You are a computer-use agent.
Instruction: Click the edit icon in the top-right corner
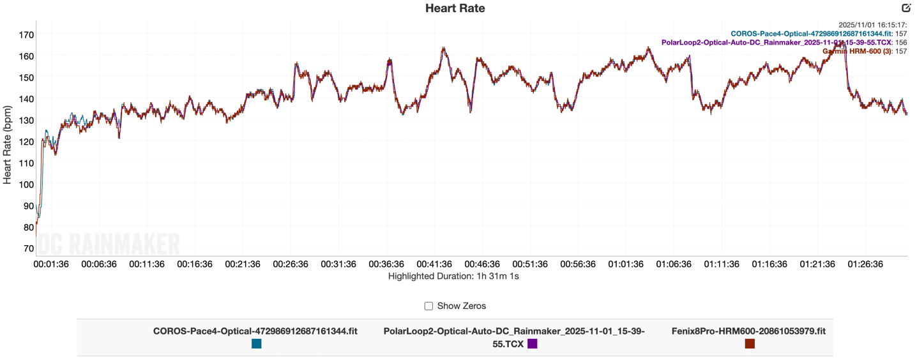point(906,8)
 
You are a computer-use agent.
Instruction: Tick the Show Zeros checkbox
point(428,306)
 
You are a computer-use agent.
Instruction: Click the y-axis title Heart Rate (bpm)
point(8,145)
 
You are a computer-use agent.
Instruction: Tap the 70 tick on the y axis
point(28,248)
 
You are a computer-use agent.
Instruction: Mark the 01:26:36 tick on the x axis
point(865,264)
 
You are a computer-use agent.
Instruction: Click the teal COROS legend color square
point(256,344)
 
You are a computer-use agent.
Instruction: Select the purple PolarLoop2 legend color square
point(532,344)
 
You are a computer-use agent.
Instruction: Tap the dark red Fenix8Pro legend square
point(750,344)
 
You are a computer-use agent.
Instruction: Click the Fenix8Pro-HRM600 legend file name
point(748,331)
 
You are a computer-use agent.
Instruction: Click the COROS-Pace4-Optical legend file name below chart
point(255,331)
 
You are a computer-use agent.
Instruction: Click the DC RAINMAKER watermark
point(109,244)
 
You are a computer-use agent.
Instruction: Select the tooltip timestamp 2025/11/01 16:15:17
point(872,25)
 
